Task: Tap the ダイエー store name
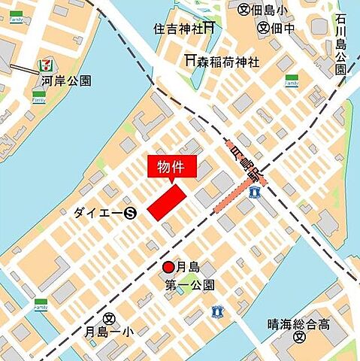(98, 213)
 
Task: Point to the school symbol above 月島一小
(109, 318)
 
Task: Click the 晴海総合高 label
(298, 325)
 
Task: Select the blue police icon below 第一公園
(219, 309)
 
